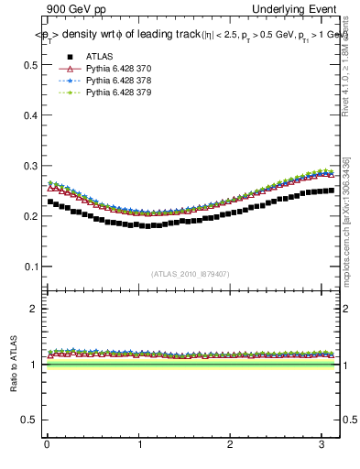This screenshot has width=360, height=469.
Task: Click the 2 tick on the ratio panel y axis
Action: [36, 309]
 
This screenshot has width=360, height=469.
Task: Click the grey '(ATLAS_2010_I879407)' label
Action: [191, 272]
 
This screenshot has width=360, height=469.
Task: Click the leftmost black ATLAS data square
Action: [50, 202]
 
